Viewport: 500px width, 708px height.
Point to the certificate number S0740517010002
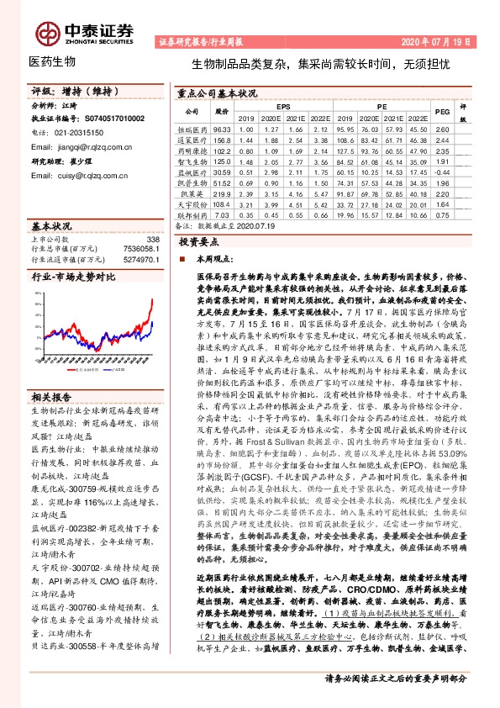[x=112, y=119]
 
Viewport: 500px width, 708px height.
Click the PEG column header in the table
[x=442, y=112]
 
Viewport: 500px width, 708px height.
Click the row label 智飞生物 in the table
[x=192, y=161]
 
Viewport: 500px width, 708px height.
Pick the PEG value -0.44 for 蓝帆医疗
[x=442, y=171]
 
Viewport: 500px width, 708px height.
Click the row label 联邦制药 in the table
[x=192, y=214]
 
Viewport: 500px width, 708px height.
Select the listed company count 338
[x=152, y=240]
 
